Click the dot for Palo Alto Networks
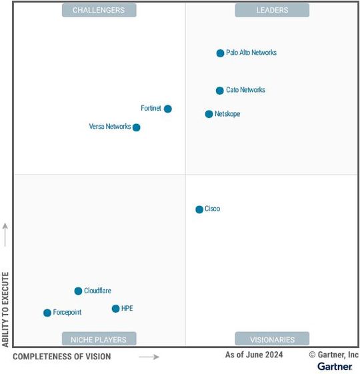click(220, 53)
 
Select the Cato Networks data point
click(219, 91)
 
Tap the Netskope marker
click(209, 114)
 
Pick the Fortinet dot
click(168, 109)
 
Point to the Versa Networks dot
click(136, 127)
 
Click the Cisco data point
click(199, 209)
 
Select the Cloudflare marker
click(78, 291)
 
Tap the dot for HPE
click(115, 309)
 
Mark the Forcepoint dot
click(47, 313)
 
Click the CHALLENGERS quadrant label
click(99, 10)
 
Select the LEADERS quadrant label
click(272, 10)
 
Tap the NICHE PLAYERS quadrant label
click(99, 339)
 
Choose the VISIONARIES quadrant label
click(272, 339)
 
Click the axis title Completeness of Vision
click(62, 357)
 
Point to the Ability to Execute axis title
click(6, 309)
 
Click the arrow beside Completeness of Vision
click(149, 357)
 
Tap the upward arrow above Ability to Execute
click(6, 234)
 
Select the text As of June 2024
click(253, 355)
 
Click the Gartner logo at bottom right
click(335, 367)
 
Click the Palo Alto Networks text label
click(251, 53)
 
